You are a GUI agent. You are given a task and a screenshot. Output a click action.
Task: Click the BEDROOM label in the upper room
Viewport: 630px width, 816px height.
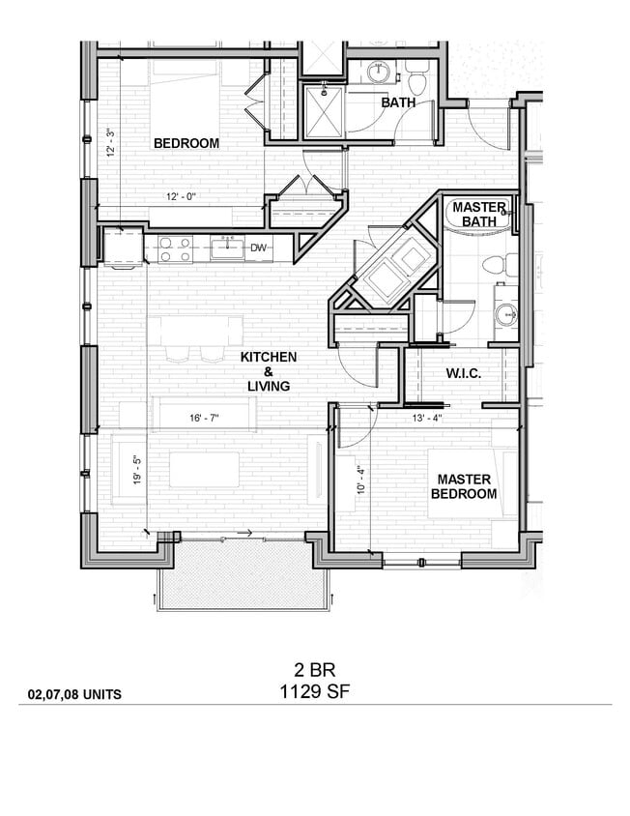(x=186, y=143)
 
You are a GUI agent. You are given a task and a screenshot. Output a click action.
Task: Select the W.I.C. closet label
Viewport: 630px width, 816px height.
(x=464, y=373)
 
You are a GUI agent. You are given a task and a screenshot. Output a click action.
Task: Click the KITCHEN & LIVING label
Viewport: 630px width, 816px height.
(x=268, y=371)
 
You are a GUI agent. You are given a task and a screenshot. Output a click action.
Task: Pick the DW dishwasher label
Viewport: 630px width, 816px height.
(x=258, y=248)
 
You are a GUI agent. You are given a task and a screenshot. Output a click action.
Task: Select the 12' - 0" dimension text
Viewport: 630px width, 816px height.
(x=181, y=197)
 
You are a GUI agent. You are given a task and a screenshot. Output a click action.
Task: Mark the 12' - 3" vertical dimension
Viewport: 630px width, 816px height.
(x=111, y=145)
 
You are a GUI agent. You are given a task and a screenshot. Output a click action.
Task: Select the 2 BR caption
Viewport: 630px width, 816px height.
(x=314, y=669)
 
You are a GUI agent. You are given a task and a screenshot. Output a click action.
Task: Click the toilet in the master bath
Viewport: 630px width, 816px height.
(x=493, y=262)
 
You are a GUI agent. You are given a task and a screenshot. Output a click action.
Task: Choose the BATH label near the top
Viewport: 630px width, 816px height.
(x=398, y=102)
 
